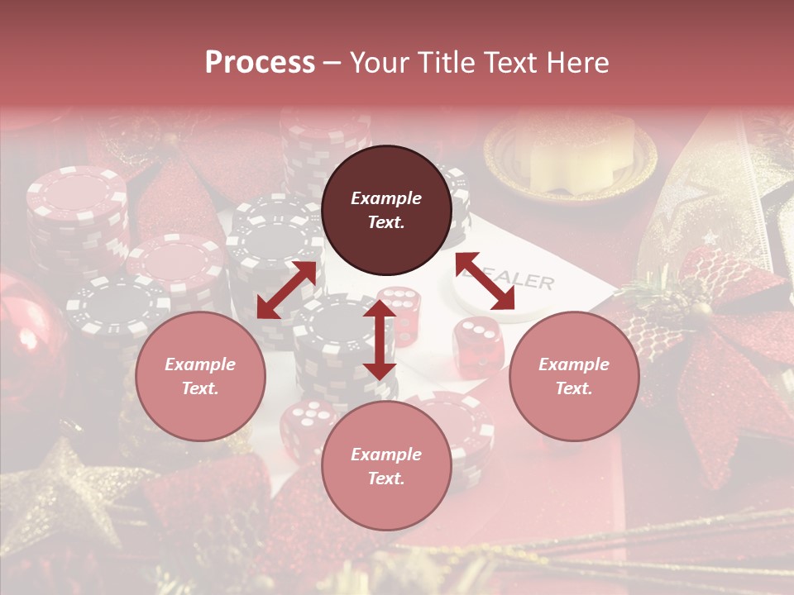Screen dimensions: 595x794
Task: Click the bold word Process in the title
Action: pyautogui.click(x=260, y=62)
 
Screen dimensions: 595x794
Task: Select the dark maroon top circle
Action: pyautogui.click(x=386, y=211)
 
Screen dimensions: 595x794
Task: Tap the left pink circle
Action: pyautogui.click(x=200, y=376)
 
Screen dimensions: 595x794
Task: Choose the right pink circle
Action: pyautogui.click(x=574, y=376)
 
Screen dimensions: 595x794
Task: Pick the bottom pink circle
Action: pyautogui.click(x=386, y=466)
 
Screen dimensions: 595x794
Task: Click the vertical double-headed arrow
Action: pyautogui.click(x=380, y=340)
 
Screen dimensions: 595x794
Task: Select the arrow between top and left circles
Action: pyautogui.click(x=287, y=290)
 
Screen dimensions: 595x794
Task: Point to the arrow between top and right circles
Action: pyautogui.click(x=485, y=281)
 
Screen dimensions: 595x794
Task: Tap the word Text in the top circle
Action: pyautogui.click(x=386, y=223)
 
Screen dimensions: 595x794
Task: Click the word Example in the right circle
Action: pyautogui.click(x=574, y=364)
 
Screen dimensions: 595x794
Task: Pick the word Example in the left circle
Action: pyautogui.click(x=200, y=364)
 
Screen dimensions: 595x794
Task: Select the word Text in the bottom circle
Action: pyautogui.click(x=386, y=478)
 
